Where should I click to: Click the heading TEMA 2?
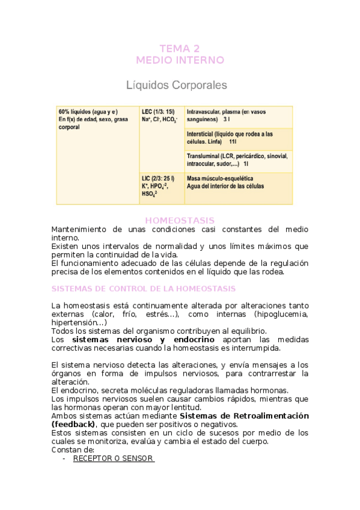[x=180, y=49]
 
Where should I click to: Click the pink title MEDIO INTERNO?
[x=180, y=60]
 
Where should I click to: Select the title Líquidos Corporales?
[x=177, y=85]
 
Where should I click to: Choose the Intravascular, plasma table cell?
[x=238, y=116]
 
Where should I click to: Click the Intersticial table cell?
[x=238, y=138]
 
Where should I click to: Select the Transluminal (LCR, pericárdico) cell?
[x=238, y=159]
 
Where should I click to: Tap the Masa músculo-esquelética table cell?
[x=238, y=182]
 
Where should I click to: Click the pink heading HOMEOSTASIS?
[x=180, y=221]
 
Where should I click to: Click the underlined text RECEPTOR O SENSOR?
[x=113, y=459]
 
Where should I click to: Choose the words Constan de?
[x=73, y=450]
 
